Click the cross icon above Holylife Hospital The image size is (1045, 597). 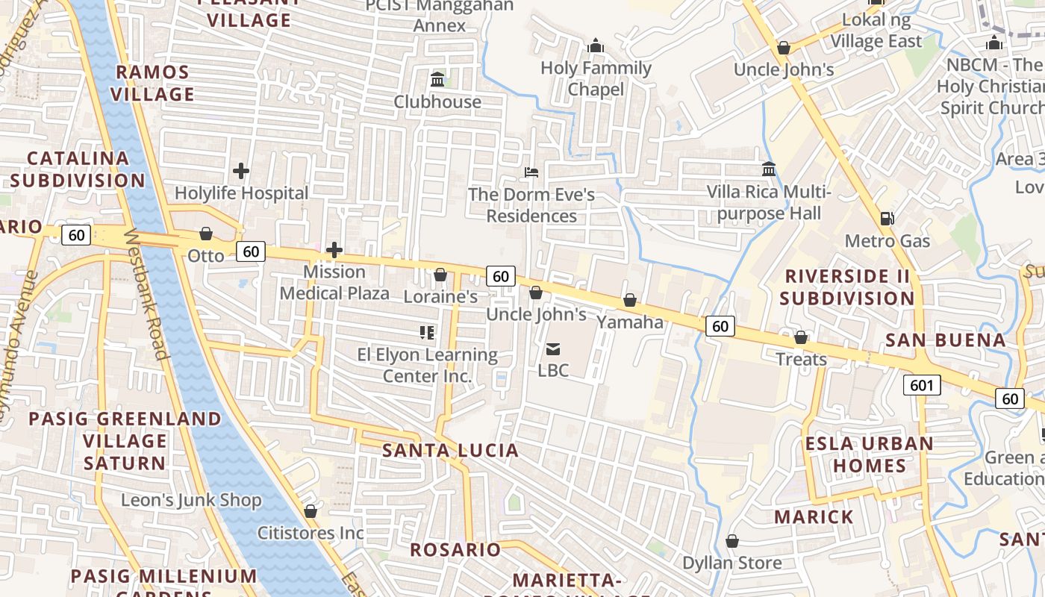[x=241, y=171]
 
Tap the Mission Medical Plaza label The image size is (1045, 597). [x=334, y=282]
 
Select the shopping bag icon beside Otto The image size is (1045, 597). [x=206, y=234]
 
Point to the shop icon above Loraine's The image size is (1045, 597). [x=440, y=275]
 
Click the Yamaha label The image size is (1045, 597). [x=630, y=322]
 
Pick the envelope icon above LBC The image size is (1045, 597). [x=553, y=348]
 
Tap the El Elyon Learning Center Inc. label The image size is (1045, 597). [x=427, y=365]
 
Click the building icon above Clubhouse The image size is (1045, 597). [x=437, y=79]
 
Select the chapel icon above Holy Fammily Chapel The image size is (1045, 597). [x=596, y=46]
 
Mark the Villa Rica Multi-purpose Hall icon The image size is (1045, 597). [x=769, y=169]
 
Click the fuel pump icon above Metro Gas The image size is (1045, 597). [x=888, y=219]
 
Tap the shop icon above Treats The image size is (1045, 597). [x=801, y=337]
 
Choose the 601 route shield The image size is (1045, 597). [x=922, y=385]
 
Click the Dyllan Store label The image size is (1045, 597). [x=732, y=563]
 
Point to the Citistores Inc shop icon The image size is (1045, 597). [x=311, y=511]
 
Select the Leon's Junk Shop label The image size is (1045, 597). [x=191, y=500]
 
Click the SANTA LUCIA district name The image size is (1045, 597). [x=450, y=450]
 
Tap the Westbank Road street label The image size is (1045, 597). [x=145, y=293]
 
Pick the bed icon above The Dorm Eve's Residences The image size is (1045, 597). [x=531, y=172]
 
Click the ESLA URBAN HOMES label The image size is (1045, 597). [x=869, y=454]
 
